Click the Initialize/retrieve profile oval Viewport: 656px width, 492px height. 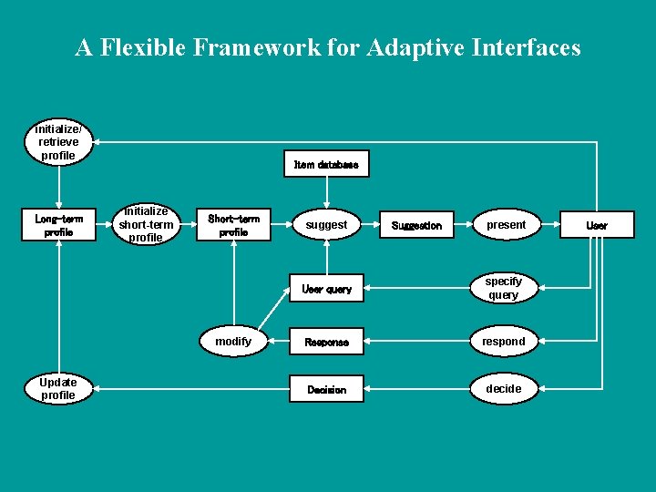click(x=58, y=142)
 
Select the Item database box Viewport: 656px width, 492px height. click(x=326, y=164)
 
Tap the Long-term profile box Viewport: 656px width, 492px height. click(x=58, y=225)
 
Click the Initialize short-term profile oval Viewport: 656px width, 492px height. click(x=146, y=224)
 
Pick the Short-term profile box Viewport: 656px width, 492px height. click(x=233, y=225)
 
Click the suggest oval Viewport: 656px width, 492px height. click(x=326, y=224)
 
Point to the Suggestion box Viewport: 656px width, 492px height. click(x=416, y=225)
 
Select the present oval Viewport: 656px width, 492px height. click(x=506, y=224)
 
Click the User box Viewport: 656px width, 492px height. click(x=597, y=225)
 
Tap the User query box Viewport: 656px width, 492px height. click(x=326, y=289)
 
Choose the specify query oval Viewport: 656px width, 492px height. click(x=503, y=288)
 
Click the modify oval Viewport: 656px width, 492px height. click(x=233, y=341)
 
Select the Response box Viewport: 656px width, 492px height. click(x=326, y=342)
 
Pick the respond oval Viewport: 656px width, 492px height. click(x=503, y=341)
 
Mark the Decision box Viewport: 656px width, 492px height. click(x=326, y=389)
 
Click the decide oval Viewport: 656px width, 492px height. click(x=503, y=388)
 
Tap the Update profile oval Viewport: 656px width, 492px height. click(x=58, y=388)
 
